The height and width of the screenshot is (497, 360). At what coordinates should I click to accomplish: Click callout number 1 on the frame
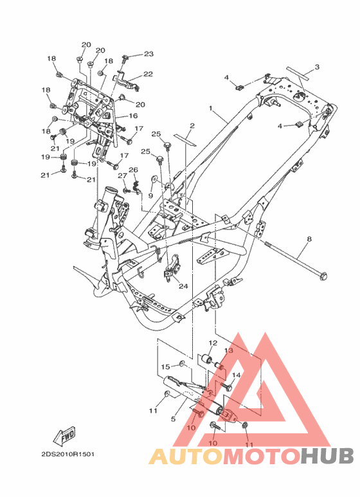pos(211,109)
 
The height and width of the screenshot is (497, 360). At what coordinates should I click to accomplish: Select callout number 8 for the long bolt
pos(309,239)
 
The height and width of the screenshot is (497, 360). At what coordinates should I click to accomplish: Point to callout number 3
pos(317,68)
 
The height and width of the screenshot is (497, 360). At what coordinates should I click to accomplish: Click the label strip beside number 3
pos(298,71)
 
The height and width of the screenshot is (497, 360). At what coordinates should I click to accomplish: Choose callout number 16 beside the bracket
pos(133,116)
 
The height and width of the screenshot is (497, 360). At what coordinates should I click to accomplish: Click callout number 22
pos(148,74)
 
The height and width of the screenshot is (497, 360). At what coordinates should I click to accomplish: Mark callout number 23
pos(148,54)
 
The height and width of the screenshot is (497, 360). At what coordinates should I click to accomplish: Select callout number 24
pos(183,286)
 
